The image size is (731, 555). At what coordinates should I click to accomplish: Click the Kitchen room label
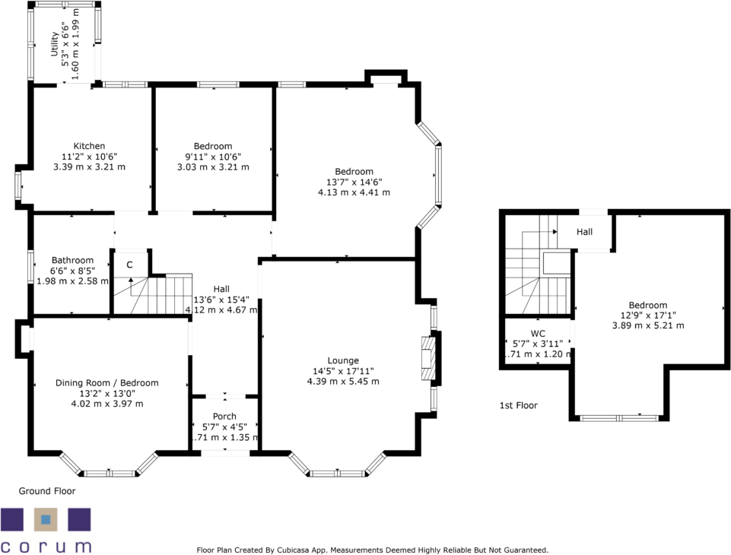(x=89, y=146)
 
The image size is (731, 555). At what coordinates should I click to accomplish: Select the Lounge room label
(x=343, y=360)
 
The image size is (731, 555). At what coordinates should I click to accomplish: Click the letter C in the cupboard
(x=130, y=265)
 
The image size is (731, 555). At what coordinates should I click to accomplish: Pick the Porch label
(x=224, y=417)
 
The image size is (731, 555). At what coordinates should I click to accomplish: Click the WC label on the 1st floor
(x=538, y=333)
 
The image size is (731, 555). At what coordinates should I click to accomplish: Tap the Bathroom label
(x=72, y=260)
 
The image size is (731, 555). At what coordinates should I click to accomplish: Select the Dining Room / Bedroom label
(x=106, y=383)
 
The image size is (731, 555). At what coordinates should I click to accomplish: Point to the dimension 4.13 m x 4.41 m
(x=354, y=192)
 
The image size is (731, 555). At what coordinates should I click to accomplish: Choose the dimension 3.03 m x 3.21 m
(x=213, y=166)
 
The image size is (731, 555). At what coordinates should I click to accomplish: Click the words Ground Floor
(x=47, y=491)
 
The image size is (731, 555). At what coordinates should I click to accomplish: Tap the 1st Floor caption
(x=518, y=405)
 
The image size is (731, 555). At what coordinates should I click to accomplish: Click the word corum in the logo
(x=46, y=545)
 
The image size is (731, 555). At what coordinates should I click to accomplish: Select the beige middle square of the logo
(x=46, y=520)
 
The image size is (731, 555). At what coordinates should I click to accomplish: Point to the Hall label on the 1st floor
(x=584, y=233)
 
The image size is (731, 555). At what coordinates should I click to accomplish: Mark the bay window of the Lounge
(x=338, y=472)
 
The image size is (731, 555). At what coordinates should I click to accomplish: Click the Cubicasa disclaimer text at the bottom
(x=372, y=550)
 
